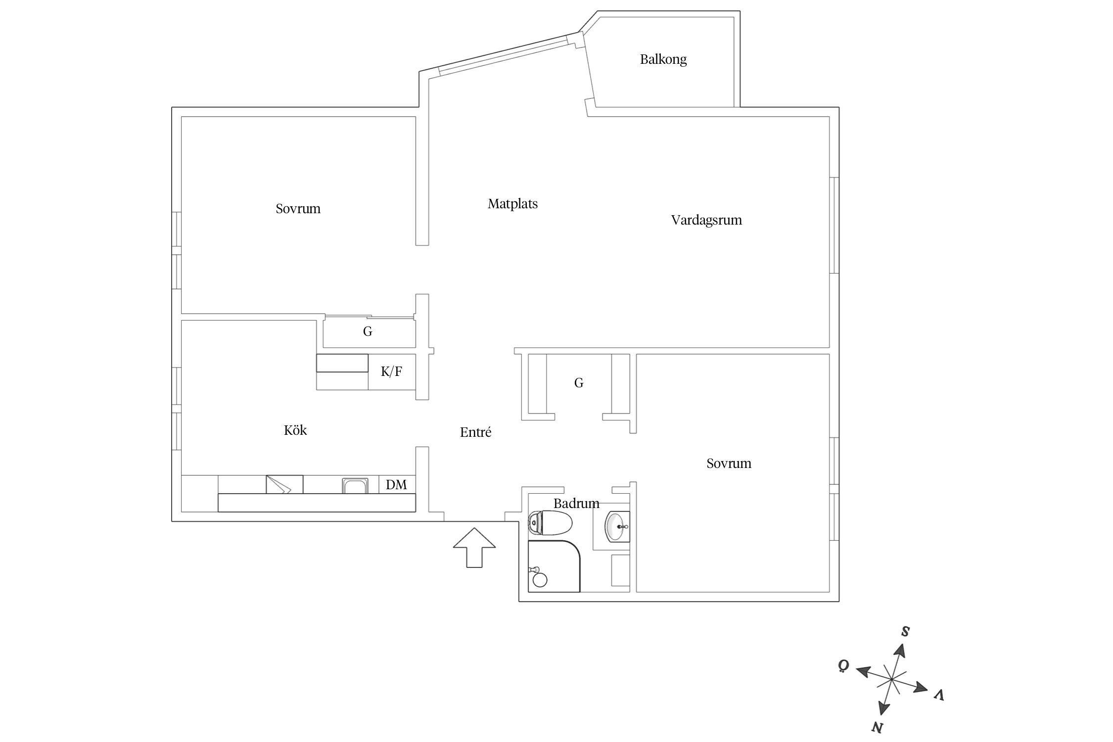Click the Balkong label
coord(663,60)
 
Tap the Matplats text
coord(512,204)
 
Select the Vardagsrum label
coord(706,220)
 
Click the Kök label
coord(295,430)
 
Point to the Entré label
coord(475,432)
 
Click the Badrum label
coord(576,504)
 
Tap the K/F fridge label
coord(391,371)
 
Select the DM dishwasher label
coord(396,485)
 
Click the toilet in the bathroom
coord(550,523)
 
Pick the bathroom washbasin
coord(617,527)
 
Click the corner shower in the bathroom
coord(554,566)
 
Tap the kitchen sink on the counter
coord(355,486)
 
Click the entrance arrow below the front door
coord(474,548)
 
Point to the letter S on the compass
coord(905,631)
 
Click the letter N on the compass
coord(877,727)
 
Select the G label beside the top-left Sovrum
coord(368,331)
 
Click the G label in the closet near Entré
coord(579,382)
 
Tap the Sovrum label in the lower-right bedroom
coord(729,464)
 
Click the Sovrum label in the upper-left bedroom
coord(298,209)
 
